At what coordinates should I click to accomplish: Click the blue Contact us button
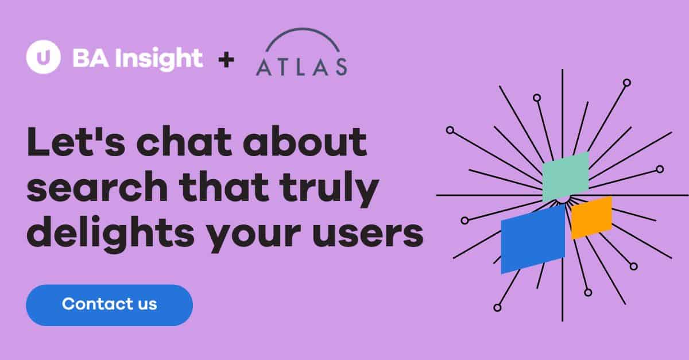click(x=109, y=304)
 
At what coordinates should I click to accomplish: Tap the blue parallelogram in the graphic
click(x=533, y=238)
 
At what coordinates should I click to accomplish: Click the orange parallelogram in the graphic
click(x=591, y=217)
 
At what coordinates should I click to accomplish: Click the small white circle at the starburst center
click(x=563, y=198)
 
